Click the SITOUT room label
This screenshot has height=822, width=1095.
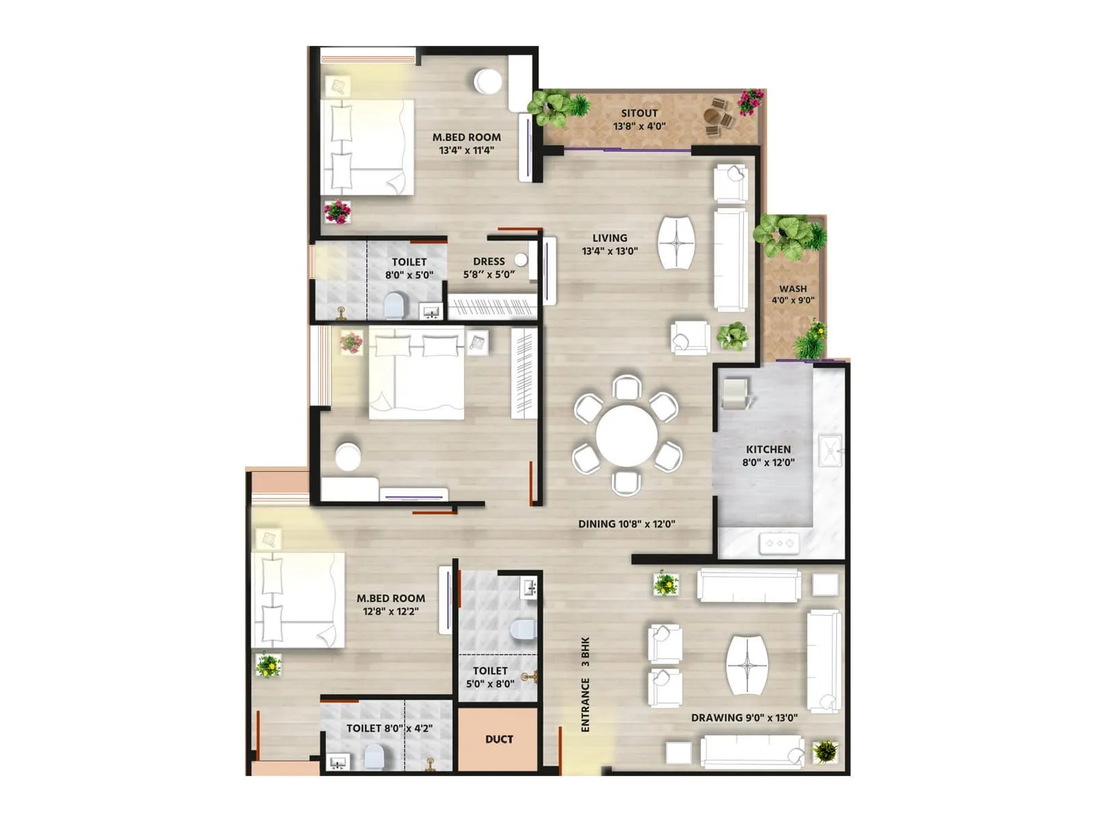(x=639, y=113)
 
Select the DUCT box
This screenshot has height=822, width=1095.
(x=499, y=739)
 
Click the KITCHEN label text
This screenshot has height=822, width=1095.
(x=768, y=449)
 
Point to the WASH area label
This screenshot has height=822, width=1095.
(x=793, y=288)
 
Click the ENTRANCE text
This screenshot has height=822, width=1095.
(x=585, y=705)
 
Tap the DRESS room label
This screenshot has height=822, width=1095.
(x=489, y=261)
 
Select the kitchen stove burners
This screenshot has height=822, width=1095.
(x=779, y=543)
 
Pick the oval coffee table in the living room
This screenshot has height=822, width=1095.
(x=676, y=242)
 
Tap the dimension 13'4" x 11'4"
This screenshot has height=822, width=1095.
(x=466, y=150)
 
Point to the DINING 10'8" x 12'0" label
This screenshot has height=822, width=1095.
(x=626, y=524)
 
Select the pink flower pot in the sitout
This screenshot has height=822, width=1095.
(x=750, y=101)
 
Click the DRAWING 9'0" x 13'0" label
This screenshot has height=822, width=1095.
(x=744, y=718)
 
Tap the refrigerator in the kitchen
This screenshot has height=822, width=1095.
(x=736, y=393)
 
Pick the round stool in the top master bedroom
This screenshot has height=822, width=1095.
(x=488, y=81)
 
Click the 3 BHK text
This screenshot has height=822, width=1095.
(x=585, y=652)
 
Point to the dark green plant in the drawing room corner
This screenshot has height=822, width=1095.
(x=825, y=751)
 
